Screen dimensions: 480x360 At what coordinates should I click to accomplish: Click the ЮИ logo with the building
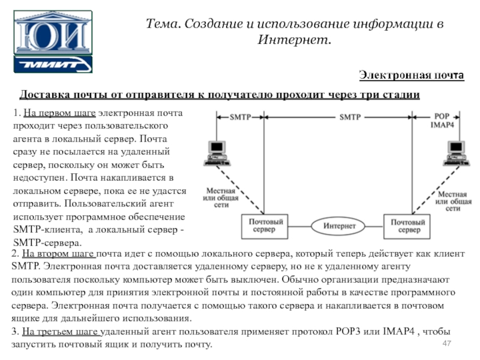[x=53, y=32]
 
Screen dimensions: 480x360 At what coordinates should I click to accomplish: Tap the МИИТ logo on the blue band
[x=53, y=64]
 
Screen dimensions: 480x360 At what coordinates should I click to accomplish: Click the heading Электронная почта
[x=412, y=75]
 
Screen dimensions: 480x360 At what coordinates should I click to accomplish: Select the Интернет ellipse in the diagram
[x=338, y=226]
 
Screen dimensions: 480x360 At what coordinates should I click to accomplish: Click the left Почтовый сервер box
[x=265, y=226]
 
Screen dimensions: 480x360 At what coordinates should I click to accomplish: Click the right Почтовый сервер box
[x=407, y=227]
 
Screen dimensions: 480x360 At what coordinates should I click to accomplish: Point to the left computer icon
[x=217, y=154]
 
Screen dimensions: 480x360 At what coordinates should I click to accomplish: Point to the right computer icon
[x=456, y=154]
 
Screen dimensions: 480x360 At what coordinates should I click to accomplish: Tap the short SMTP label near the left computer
[x=241, y=117]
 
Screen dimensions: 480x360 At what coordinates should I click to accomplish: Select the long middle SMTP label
[x=350, y=117]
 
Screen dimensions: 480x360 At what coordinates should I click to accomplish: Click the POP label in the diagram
[x=442, y=116]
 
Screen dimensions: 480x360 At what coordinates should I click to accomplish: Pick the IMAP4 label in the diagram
[x=442, y=125]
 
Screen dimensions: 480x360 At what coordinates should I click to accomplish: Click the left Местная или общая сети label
[x=221, y=198]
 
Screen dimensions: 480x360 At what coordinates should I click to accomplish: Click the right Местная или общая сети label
[x=453, y=202]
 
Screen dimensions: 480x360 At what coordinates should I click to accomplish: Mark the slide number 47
[x=446, y=343]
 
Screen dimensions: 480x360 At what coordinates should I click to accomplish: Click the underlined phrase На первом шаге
[x=59, y=113]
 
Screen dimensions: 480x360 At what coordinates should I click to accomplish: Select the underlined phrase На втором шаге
[x=58, y=254]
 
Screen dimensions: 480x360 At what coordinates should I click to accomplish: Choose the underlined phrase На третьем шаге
[x=61, y=332]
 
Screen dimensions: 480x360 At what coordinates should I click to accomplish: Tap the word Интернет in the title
[x=294, y=40]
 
